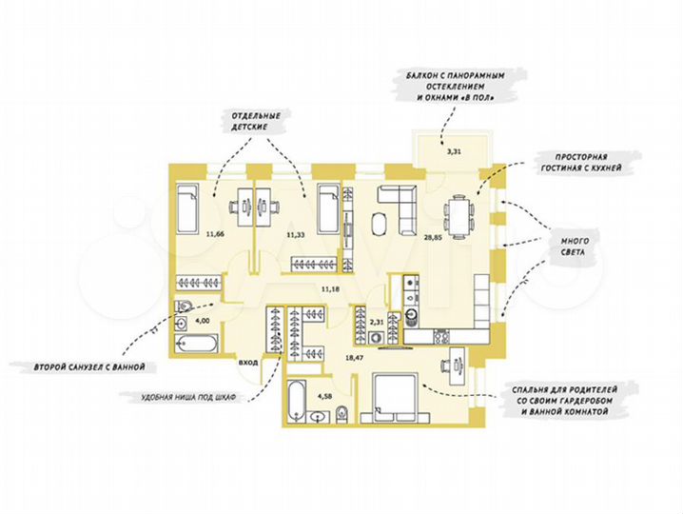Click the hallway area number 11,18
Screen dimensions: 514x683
point(330,287)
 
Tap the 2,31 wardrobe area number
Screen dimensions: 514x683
point(379,325)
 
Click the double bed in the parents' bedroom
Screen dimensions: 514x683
point(394,399)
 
